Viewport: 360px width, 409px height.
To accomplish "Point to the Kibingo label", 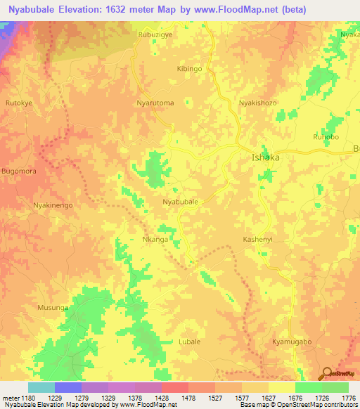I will tap(189, 69).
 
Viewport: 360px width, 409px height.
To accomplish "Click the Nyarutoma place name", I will tap(155, 103).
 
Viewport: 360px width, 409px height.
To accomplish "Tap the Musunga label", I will tap(53, 308).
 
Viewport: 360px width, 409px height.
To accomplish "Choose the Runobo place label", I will tap(326, 137).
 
